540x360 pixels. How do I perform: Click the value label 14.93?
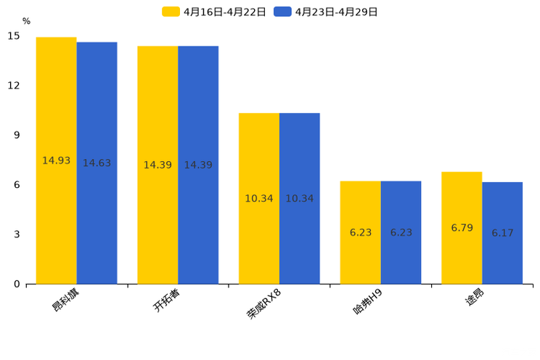coord(56,160)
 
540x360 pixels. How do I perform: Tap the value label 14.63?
coord(97,163)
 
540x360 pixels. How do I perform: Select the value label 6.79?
coord(462,228)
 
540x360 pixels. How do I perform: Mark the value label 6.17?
coord(502,233)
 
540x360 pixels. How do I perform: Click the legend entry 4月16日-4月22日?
coord(214,12)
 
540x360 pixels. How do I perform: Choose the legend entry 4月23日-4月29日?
coord(326,12)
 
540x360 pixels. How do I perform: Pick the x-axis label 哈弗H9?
coord(367,303)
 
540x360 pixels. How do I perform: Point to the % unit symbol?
coord(26,22)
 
